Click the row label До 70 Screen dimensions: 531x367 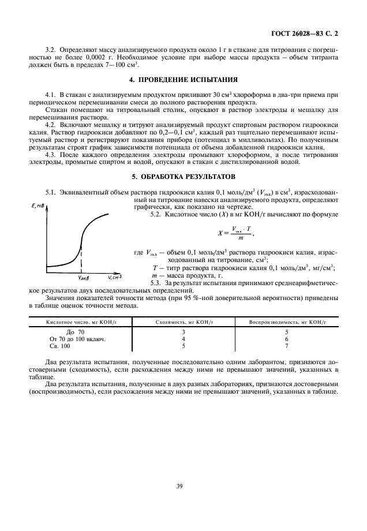[75, 332]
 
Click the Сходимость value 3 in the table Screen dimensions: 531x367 [183, 332]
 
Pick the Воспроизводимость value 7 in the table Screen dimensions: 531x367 [287, 346]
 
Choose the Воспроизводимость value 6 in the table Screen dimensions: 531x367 [287, 339]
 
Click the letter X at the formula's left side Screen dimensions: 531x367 [220, 233]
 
